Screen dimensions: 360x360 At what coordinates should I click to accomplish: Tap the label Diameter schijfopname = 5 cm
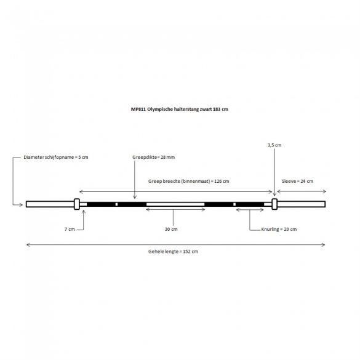coord(56,158)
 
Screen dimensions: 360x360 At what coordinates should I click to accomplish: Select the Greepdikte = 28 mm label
coord(153,158)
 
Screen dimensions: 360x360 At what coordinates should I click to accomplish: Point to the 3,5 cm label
coord(274,145)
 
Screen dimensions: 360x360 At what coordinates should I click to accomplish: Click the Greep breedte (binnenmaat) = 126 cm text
coord(188,181)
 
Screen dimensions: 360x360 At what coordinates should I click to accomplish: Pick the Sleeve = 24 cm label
coord(297,181)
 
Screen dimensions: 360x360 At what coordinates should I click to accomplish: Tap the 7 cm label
coord(70,229)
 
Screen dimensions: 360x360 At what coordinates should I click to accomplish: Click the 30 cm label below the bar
coord(171,229)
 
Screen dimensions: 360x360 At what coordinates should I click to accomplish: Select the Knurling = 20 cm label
coord(279,229)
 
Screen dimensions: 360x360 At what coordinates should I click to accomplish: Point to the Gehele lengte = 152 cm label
coord(173,252)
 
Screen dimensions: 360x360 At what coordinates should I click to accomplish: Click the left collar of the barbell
coord(77,204)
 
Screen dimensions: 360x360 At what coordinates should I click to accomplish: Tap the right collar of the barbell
coord(274,204)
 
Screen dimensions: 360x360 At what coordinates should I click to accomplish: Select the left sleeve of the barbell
coord(50,204)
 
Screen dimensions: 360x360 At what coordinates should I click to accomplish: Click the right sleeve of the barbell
coord(301,204)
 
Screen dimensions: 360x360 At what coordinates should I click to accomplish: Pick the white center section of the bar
coord(175,204)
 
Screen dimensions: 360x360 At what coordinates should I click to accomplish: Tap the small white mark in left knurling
coord(116,204)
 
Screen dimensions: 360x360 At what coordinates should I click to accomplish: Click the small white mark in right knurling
coord(234,204)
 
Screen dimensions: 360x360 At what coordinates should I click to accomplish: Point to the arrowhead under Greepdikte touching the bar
coord(135,197)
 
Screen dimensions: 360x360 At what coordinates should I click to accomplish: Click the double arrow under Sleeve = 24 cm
coord(302,191)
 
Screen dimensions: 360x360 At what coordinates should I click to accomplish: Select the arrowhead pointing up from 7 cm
coord(84,212)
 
